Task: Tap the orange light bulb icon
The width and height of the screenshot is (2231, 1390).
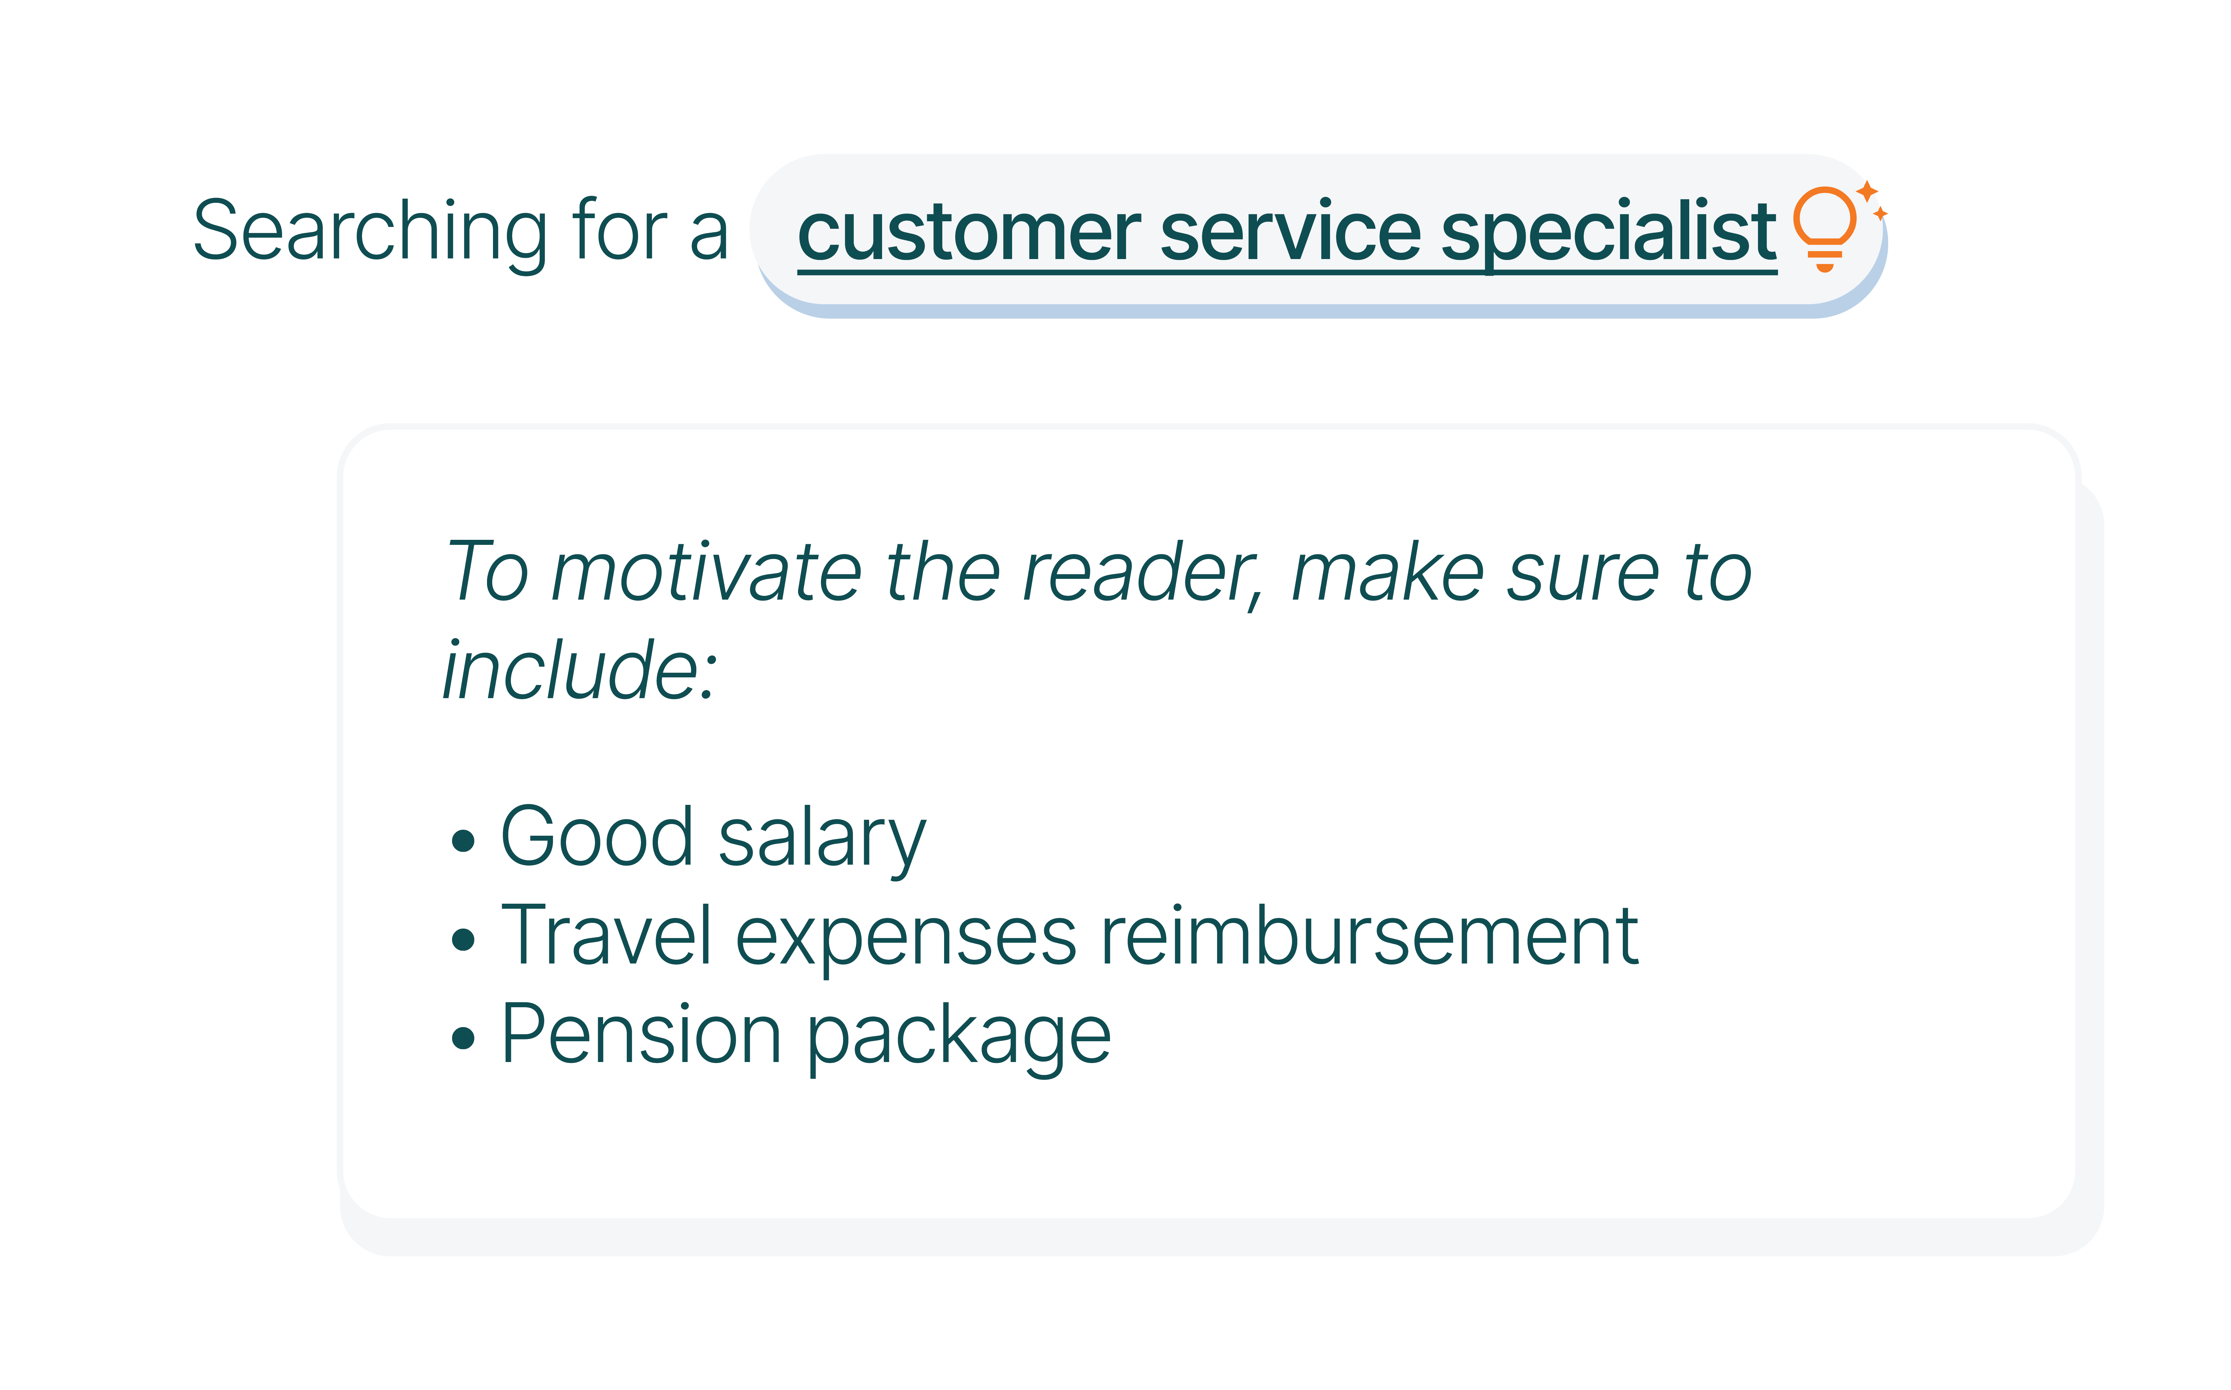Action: [x=1825, y=228]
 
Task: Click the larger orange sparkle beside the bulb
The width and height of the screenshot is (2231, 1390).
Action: [x=1867, y=191]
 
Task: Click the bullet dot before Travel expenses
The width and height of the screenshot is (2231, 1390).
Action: [x=463, y=939]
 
